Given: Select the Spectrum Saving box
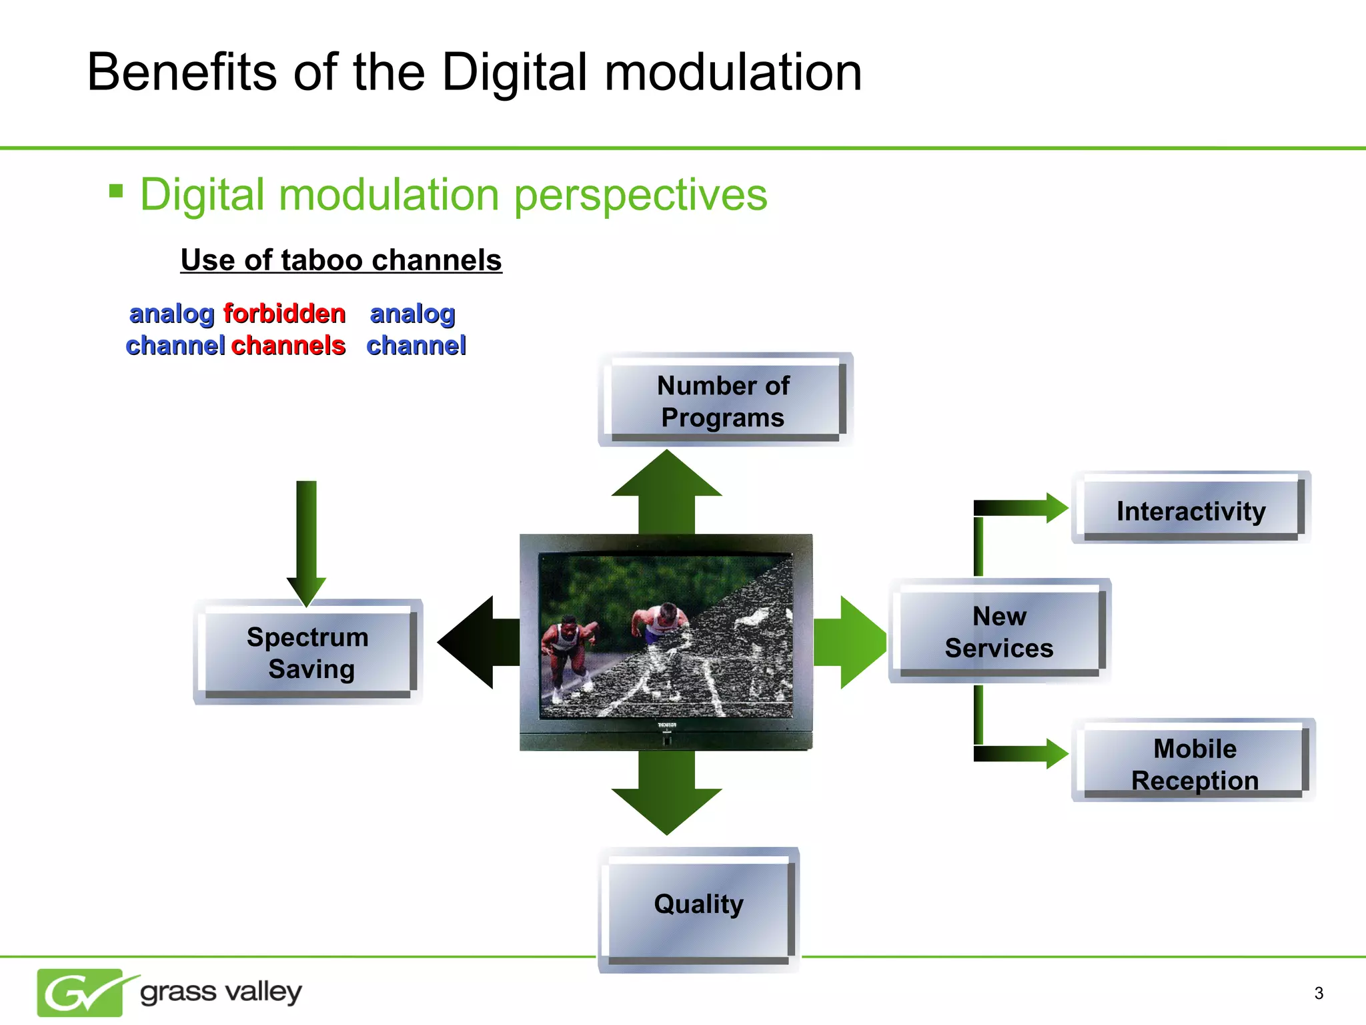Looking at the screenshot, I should [307, 653].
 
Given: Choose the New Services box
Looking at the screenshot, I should [999, 631].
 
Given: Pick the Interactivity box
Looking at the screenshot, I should [1191, 510].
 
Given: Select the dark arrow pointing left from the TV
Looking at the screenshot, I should [477, 642].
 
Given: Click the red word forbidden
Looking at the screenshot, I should [284, 314].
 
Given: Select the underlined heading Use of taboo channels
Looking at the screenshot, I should [341, 260].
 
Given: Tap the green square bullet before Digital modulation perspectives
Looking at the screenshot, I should [116, 192].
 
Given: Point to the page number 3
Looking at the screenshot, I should [1318, 993].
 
